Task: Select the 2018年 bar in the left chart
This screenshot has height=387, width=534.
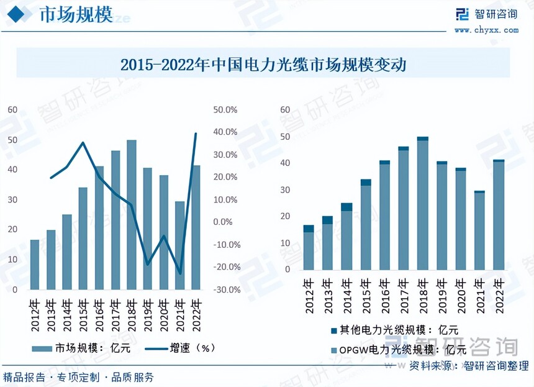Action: point(132,214)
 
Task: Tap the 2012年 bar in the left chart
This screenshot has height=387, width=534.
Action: point(35,264)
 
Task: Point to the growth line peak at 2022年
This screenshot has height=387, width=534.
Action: point(196,134)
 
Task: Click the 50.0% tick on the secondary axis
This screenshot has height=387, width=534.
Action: point(225,109)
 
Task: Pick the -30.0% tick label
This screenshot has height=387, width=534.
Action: point(225,289)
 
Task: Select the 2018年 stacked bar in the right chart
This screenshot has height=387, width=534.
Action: point(422,205)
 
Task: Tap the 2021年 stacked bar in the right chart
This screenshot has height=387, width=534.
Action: point(479,230)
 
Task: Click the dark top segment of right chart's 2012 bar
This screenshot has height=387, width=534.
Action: point(309,229)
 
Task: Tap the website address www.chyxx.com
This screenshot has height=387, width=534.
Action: point(486,29)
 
